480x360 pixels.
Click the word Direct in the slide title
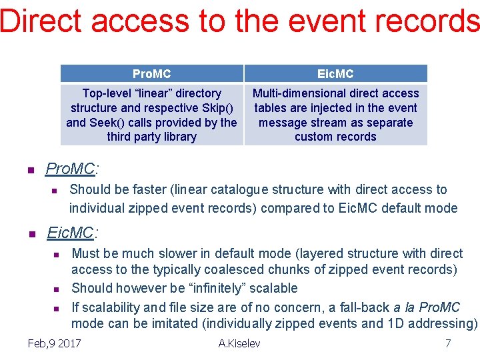pos(41,21)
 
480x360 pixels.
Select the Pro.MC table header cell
pos(151,73)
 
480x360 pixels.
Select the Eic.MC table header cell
pos(335,73)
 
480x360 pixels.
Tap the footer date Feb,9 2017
pos(55,343)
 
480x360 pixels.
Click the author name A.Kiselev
pos(239,343)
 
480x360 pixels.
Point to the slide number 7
pos(448,343)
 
